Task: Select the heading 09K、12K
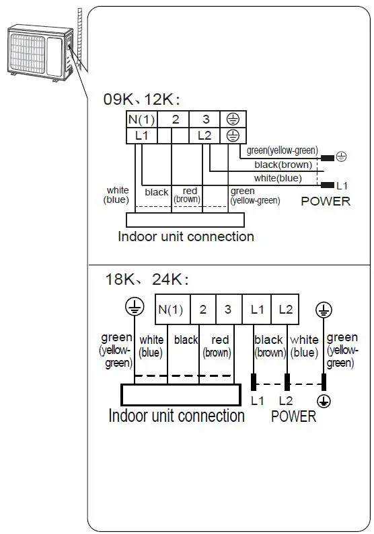click(x=142, y=99)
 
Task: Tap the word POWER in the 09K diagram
click(x=326, y=201)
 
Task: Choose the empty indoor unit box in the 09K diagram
click(x=185, y=220)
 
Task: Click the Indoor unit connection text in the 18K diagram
click(x=176, y=416)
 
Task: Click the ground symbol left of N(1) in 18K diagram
click(x=135, y=308)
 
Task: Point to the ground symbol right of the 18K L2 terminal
click(x=324, y=309)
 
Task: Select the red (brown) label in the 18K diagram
click(x=217, y=345)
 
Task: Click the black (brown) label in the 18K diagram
click(x=269, y=346)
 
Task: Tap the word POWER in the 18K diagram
click(x=293, y=416)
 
